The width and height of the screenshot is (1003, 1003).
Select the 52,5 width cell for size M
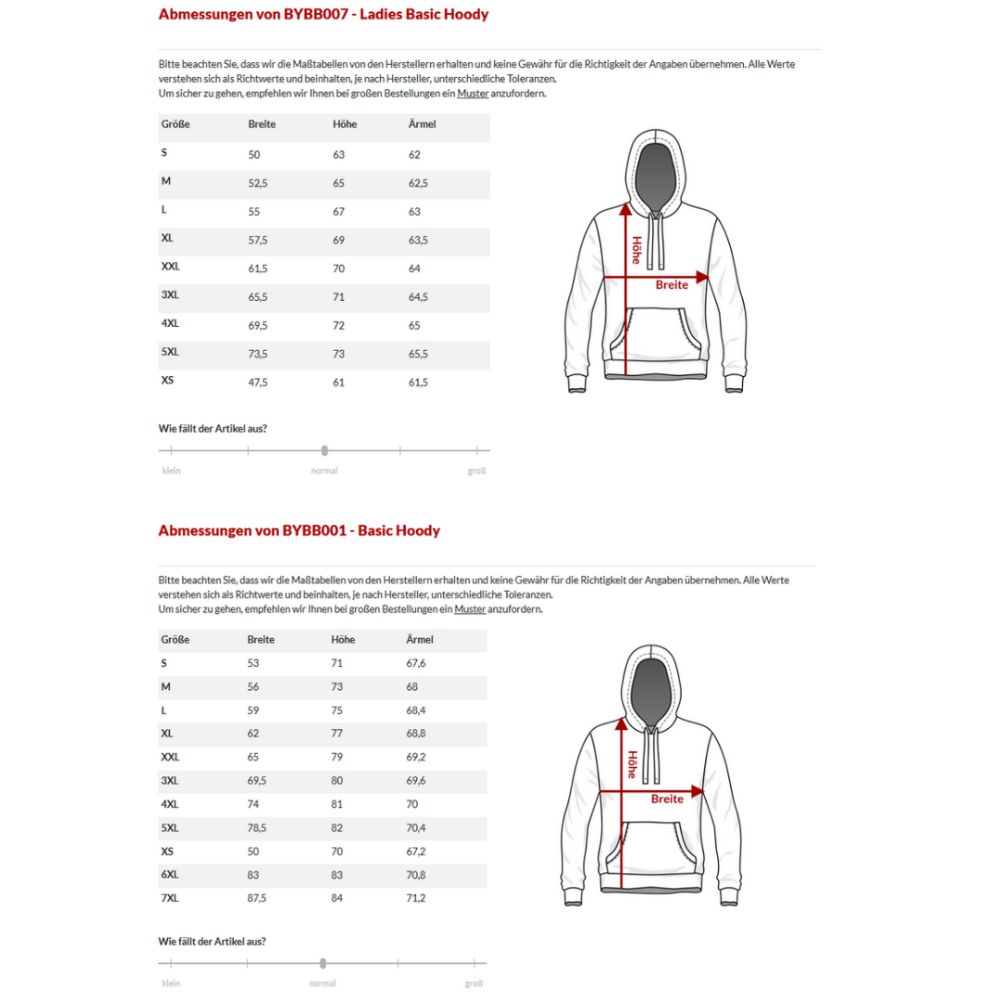[x=258, y=183]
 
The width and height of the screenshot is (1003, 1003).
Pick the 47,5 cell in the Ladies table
[x=258, y=382]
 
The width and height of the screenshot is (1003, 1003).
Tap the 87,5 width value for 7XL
[x=257, y=899]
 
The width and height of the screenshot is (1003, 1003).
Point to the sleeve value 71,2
[x=416, y=899]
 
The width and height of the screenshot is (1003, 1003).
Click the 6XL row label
[x=169, y=875]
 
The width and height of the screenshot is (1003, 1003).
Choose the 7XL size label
[x=169, y=898]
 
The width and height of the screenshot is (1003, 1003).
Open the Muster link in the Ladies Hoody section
[x=473, y=93]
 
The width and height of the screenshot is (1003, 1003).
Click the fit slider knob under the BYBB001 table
[x=323, y=963]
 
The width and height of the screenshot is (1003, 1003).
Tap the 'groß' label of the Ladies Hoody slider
[x=476, y=471]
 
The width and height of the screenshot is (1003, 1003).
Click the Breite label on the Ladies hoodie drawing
[x=671, y=285]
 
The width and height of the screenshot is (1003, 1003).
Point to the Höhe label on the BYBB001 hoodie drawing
[x=632, y=764]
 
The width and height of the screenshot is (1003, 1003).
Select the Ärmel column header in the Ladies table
[x=422, y=124]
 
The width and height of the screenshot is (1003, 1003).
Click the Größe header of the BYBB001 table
[x=175, y=640]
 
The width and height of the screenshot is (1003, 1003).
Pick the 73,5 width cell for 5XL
[x=258, y=354]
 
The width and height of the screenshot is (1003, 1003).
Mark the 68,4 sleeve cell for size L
[x=416, y=710]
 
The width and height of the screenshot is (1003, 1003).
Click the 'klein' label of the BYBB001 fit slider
[x=171, y=983]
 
